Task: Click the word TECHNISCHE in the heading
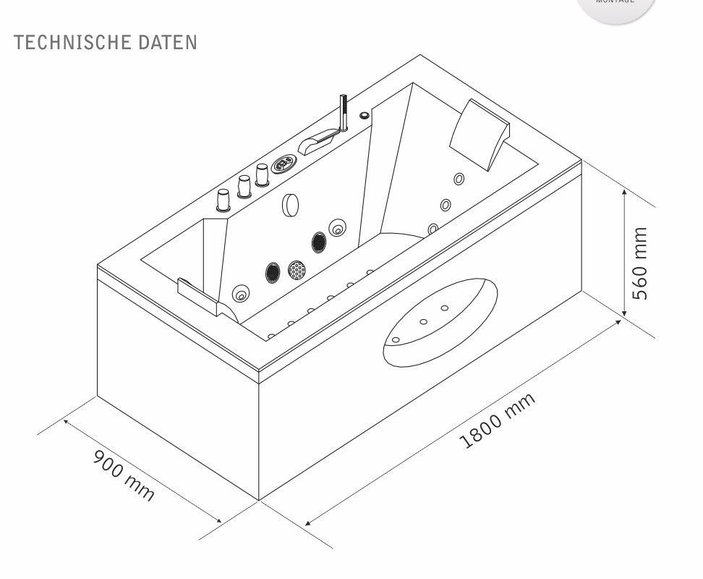click(61, 42)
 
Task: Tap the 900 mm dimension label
click(124, 475)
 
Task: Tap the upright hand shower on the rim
click(344, 112)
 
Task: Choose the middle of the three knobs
click(243, 187)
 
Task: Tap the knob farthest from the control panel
click(223, 199)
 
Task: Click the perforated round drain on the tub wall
click(297, 270)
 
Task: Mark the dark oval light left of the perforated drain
click(273, 271)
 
